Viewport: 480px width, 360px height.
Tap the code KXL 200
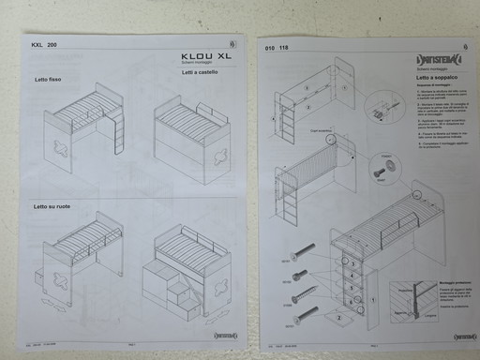pyautogui.click(x=44, y=45)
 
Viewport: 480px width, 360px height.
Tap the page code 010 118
pyautogui.click(x=277, y=47)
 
